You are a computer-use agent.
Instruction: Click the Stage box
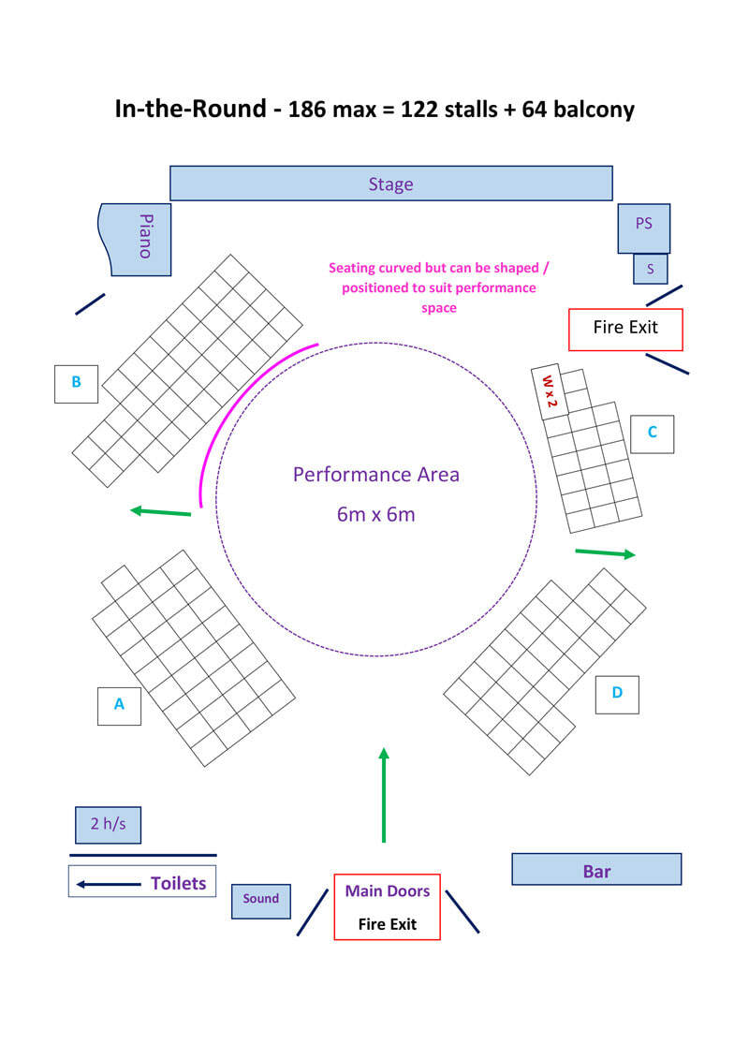pos(390,184)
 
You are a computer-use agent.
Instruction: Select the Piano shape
pos(138,239)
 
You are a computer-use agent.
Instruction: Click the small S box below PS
pos(650,269)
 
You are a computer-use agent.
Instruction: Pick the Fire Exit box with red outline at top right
pos(625,329)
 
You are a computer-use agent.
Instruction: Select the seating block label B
pos(76,382)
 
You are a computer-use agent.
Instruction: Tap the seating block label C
pos(652,433)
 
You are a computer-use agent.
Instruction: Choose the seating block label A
pos(119,705)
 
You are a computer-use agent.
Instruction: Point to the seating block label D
pos(617,694)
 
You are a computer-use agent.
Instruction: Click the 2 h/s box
pos(108,825)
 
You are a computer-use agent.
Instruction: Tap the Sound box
pos(261,900)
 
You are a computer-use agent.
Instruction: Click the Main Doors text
pos(387,891)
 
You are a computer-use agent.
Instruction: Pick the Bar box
pos(596,870)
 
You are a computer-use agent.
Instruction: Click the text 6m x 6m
pos(375,514)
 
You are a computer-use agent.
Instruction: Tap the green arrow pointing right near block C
pos(605,553)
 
